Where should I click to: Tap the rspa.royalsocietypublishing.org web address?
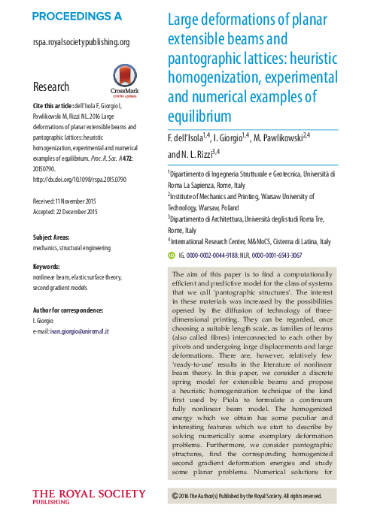(x=81, y=43)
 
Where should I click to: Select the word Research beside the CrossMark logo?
(x=51, y=86)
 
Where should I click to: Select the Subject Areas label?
(x=54, y=237)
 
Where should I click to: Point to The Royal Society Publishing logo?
(x=89, y=497)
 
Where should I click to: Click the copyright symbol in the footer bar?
(x=175, y=496)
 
